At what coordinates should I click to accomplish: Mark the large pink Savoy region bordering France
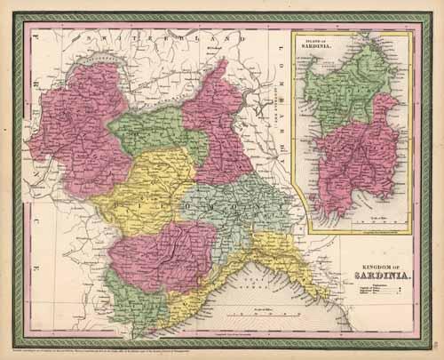point(75,133)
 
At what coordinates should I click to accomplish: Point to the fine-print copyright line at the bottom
point(133,344)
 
